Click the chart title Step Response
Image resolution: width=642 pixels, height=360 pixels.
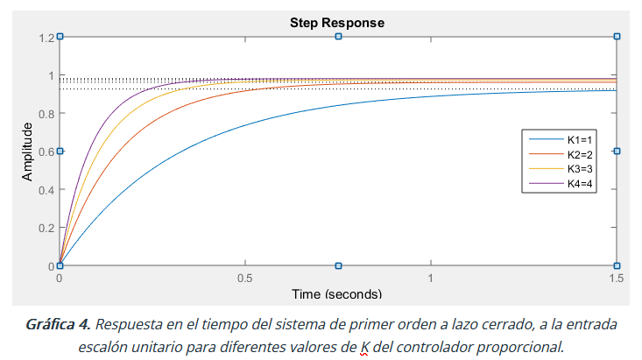pos(337,22)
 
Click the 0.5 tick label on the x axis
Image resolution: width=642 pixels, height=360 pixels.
pos(245,278)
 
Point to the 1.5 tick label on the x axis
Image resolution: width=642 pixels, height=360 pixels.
pos(617,278)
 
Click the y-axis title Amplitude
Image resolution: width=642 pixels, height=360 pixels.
pos(28,152)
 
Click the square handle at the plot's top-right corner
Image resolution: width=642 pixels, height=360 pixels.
pos(617,37)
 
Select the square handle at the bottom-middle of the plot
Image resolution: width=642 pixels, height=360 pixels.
pos(338,265)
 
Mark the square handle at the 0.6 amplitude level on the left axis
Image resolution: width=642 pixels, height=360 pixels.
pos(60,151)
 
